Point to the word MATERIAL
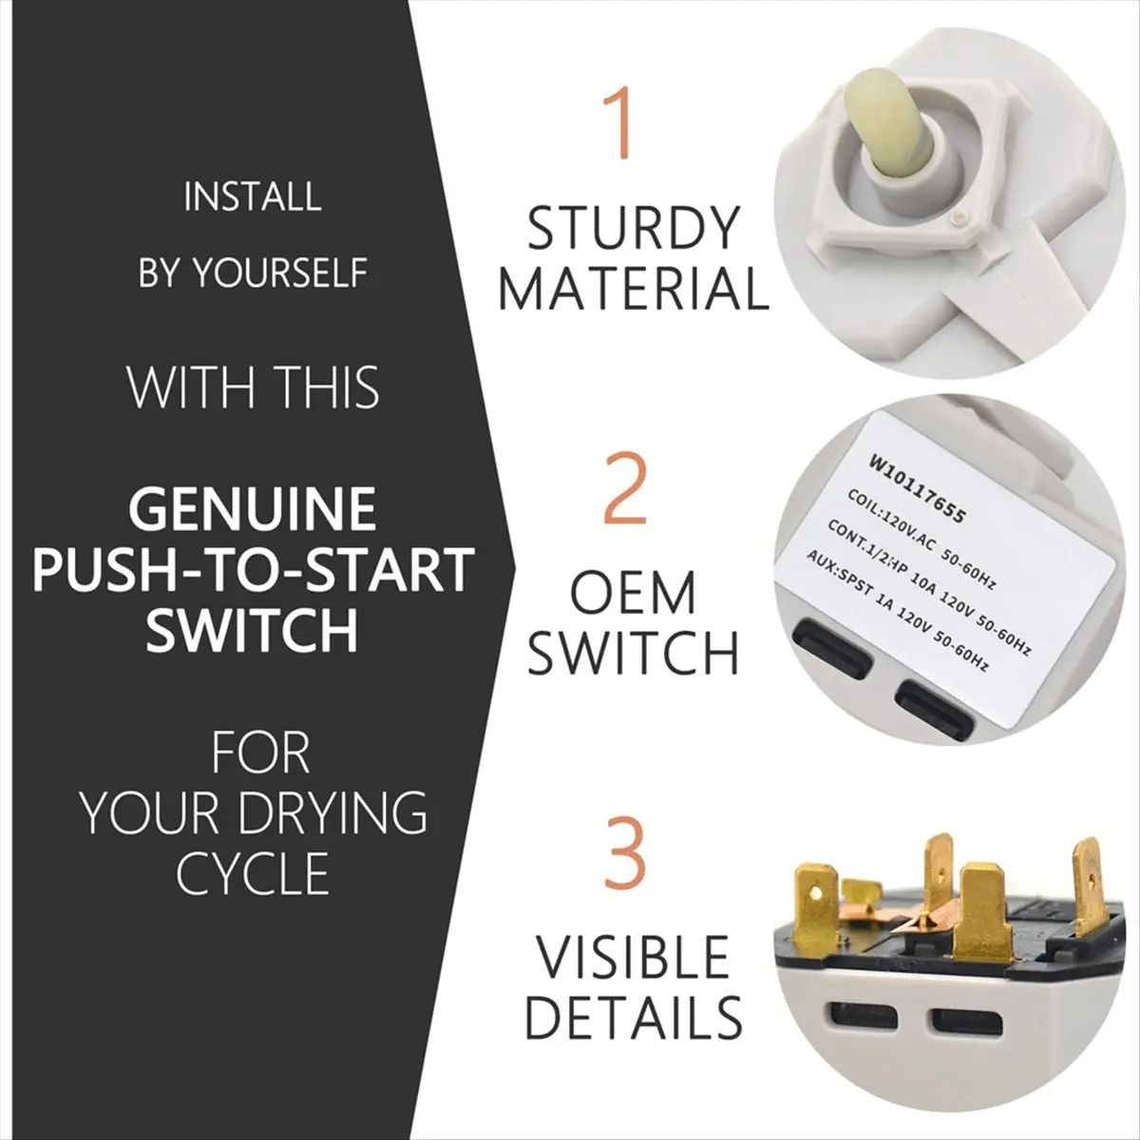coord(634,289)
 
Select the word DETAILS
coord(634,1016)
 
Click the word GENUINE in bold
coord(253,508)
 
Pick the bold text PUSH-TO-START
coord(254,569)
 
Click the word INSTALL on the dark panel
coord(253,197)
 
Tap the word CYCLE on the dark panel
coord(253,873)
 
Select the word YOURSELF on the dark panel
coord(279,273)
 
